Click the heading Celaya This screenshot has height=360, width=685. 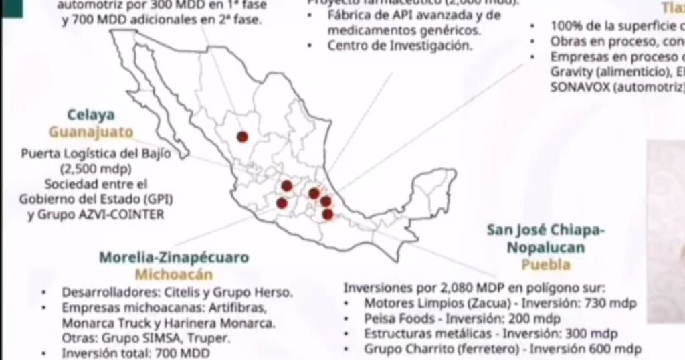90,114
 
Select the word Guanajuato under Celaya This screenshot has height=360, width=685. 91,131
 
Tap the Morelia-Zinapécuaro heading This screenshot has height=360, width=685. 174,257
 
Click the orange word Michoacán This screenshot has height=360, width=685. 174,274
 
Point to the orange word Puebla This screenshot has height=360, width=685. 546,264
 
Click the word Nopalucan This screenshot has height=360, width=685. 546,248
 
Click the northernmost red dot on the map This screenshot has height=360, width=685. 242,137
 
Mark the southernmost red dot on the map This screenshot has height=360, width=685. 328,214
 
